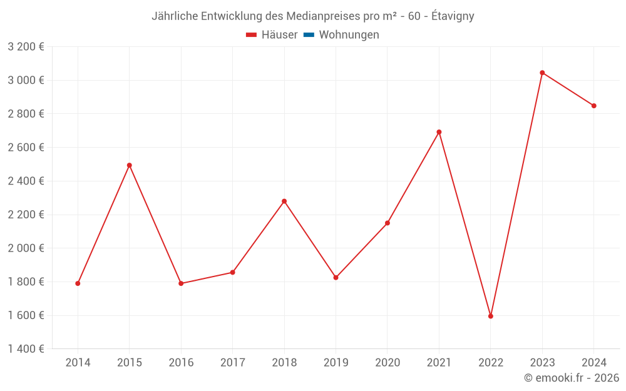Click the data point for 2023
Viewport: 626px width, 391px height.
542,73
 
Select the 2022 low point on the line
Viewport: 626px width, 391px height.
491,316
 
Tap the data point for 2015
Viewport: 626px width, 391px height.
130,165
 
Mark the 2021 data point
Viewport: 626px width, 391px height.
439,132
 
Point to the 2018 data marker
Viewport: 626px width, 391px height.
284,201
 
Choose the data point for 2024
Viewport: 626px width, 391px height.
594,106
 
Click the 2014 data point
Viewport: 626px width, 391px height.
78,283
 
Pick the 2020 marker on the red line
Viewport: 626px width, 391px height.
387,223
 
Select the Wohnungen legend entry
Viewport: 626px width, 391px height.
349,35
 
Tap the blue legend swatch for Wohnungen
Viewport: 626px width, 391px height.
309,35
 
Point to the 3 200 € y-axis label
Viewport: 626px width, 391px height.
26,46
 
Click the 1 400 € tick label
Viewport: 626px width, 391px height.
26,348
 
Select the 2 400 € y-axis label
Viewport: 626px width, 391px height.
26,181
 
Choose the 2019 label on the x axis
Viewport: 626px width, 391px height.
336,363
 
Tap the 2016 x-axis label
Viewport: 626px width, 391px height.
181,363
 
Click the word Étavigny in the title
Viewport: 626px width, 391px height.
453,16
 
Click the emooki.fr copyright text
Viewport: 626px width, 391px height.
572,378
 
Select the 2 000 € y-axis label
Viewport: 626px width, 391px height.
26,248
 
